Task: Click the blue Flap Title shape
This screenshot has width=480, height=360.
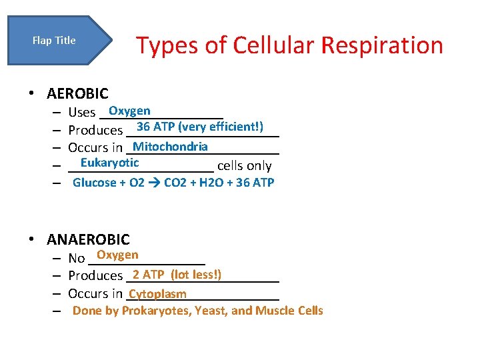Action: [x=57, y=41]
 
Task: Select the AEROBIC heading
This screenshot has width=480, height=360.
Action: [x=77, y=94]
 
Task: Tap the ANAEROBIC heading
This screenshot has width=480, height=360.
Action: [x=88, y=239]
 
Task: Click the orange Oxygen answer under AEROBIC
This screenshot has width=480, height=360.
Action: [x=129, y=111]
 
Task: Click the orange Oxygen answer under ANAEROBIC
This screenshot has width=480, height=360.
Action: [x=117, y=255]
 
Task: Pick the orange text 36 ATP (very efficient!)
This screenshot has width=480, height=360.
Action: [x=199, y=127]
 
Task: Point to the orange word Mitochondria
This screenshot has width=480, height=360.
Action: [x=170, y=146]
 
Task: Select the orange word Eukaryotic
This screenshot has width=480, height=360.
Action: [x=109, y=163]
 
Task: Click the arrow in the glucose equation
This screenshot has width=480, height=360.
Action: [x=154, y=183]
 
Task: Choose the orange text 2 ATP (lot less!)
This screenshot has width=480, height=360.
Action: [x=177, y=274]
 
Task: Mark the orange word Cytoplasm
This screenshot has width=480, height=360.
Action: [x=157, y=294]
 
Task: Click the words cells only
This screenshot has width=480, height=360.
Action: [x=244, y=166]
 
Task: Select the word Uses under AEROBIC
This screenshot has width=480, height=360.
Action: [x=82, y=112]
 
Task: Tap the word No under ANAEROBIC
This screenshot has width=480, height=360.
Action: [x=77, y=258]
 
